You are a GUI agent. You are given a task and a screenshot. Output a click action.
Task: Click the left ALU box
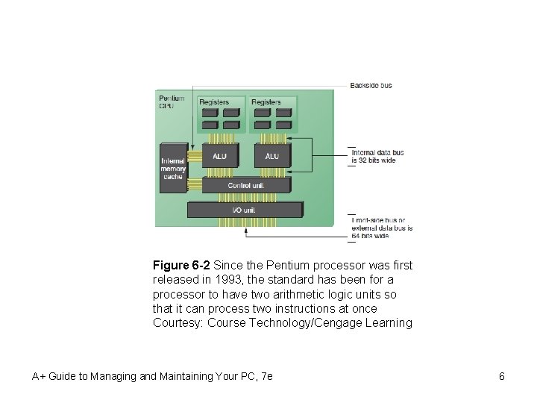(219, 156)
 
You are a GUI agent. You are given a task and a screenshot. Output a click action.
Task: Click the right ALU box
(271, 156)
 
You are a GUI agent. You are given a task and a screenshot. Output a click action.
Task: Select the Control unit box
(245, 185)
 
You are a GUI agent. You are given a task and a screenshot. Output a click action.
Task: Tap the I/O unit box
(244, 210)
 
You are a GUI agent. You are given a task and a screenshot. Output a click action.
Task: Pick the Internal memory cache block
(172, 168)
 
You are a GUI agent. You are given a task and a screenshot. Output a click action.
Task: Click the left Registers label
(214, 101)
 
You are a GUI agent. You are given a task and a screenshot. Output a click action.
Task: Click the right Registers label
(266, 101)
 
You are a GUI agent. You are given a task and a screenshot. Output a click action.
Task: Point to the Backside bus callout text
(371, 86)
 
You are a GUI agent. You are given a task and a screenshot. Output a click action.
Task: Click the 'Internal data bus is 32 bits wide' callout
(377, 156)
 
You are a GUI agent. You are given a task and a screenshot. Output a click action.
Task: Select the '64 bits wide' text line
(371, 236)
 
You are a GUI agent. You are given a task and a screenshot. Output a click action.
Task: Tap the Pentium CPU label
(170, 101)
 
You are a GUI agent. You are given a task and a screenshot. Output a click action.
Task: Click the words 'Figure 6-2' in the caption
(181, 266)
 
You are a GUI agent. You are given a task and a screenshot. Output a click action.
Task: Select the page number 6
(502, 376)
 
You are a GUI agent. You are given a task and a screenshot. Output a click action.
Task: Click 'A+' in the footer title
(39, 376)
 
